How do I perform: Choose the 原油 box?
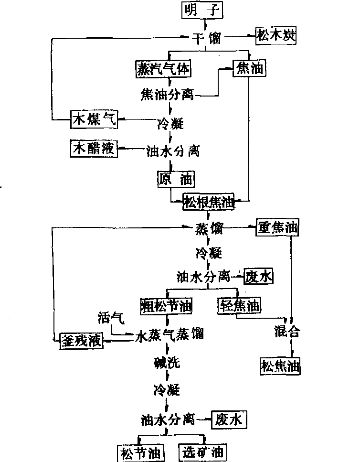(x=176, y=180)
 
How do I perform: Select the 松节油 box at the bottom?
(x=141, y=451)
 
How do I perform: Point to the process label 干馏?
(x=207, y=38)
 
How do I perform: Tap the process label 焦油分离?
(x=167, y=94)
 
